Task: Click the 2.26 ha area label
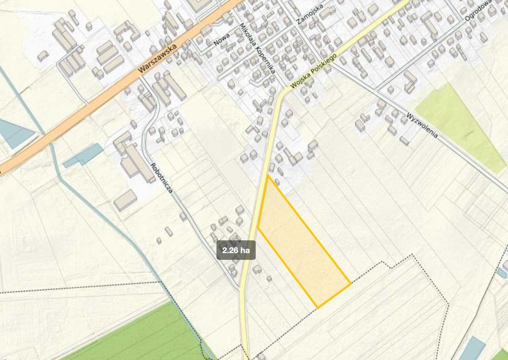[x=236, y=250]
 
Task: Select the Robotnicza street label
[x=162, y=178]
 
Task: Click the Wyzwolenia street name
[x=422, y=125]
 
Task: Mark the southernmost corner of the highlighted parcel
[x=317, y=308]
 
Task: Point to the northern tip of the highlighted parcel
[x=268, y=176]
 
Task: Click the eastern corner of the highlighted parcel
[x=351, y=283]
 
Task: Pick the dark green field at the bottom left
[x=144, y=334]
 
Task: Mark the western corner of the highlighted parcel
[x=258, y=228]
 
